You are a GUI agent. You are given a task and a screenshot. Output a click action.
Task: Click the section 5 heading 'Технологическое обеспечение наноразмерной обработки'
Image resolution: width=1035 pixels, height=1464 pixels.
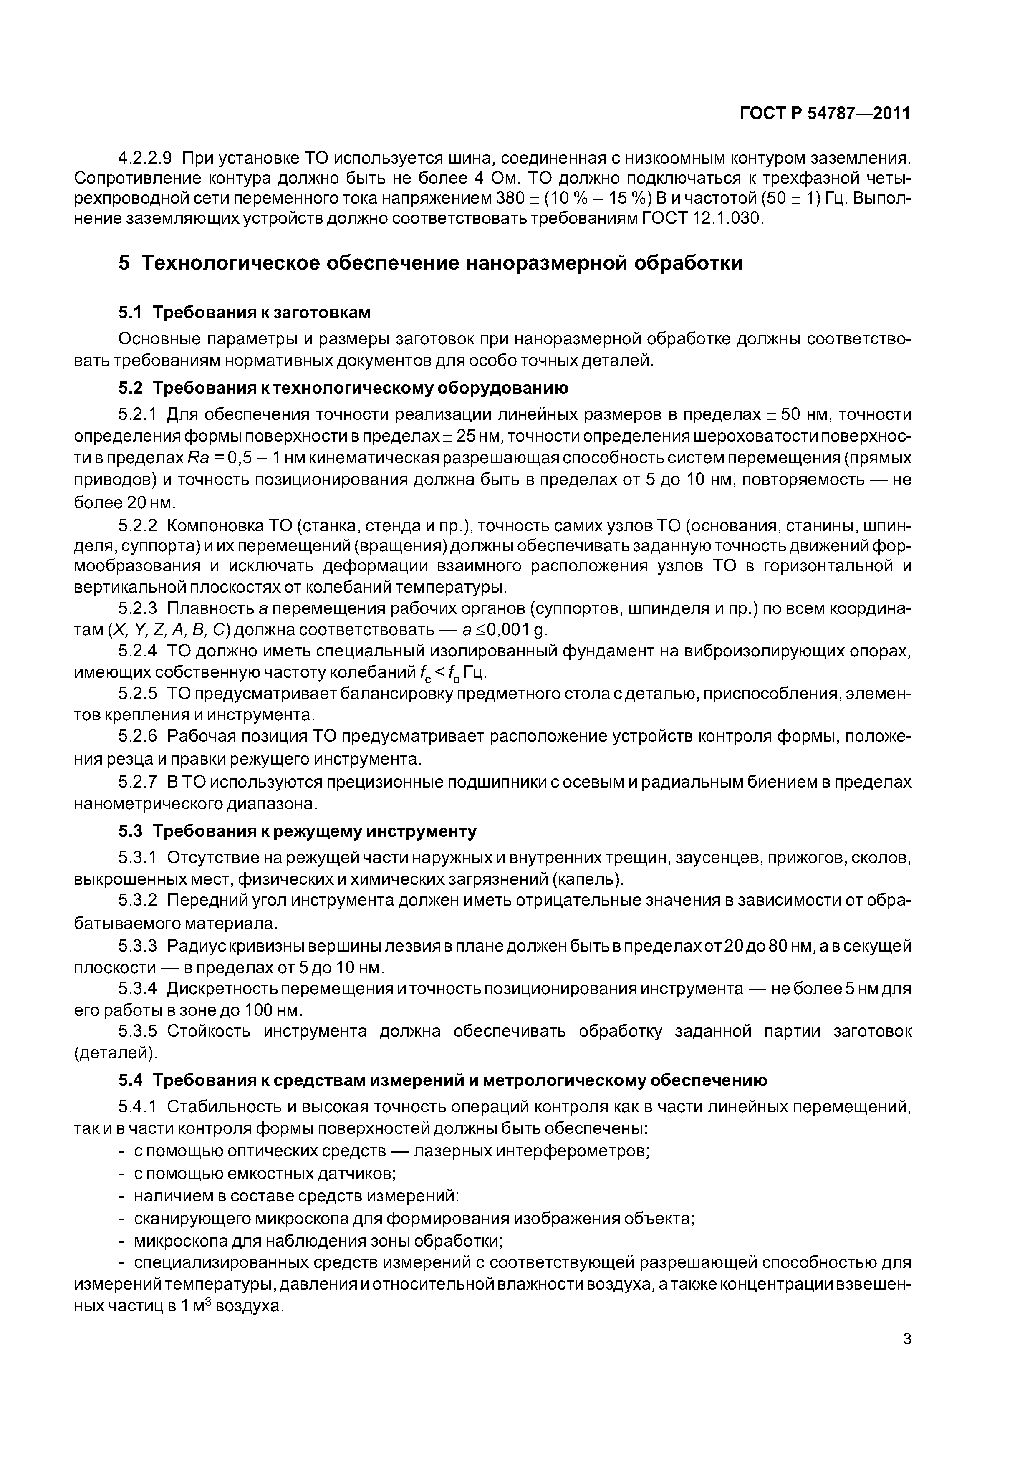point(430,263)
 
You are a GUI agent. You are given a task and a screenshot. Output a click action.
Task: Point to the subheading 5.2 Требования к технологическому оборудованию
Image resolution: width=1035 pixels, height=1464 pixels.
point(343,388)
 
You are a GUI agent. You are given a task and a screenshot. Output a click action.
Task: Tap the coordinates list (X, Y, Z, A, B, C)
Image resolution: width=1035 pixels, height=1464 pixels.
point(169,630)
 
